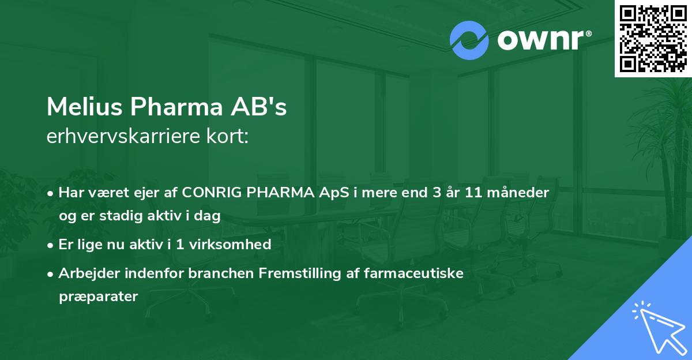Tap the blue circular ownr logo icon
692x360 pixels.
tap(469, 40)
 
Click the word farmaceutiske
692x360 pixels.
tap(414, 273)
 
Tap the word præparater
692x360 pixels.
tap(98, 297)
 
